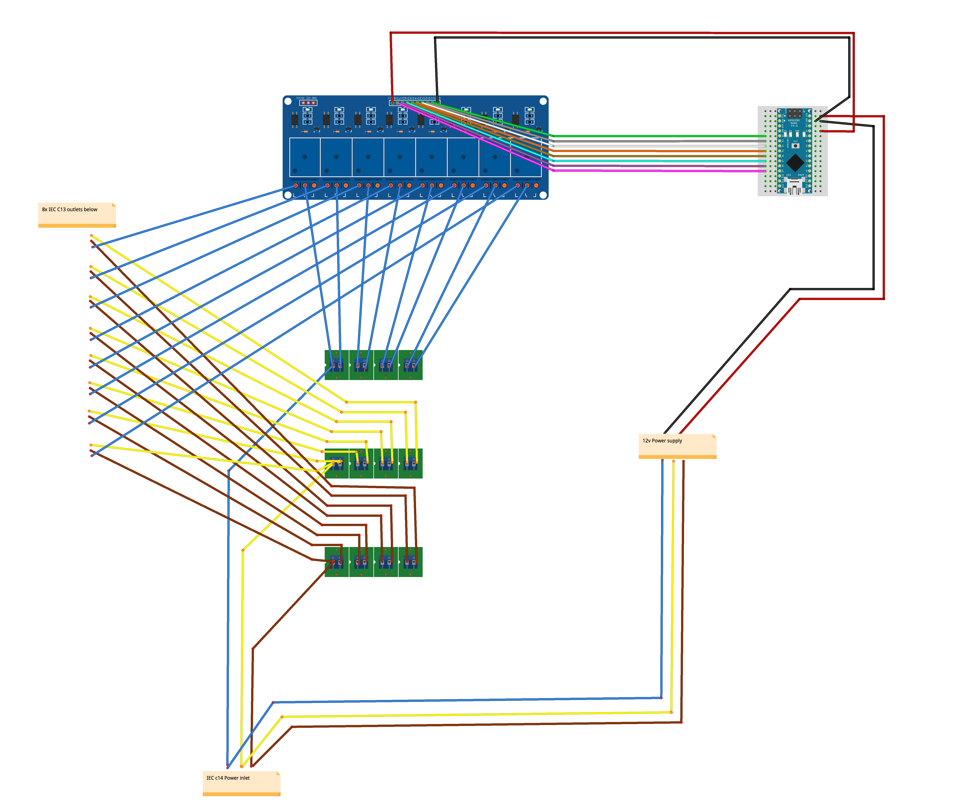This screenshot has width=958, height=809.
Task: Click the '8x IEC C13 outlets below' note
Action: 77,214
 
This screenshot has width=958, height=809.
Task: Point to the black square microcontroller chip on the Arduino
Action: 795,162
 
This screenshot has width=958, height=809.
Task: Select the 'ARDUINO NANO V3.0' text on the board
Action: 794,123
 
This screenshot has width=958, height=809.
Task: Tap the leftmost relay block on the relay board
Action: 305,157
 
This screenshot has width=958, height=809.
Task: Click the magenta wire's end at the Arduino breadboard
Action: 765,171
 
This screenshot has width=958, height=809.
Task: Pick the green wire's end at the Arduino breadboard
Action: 765,136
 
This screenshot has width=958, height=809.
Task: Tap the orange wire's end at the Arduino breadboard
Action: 765,151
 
